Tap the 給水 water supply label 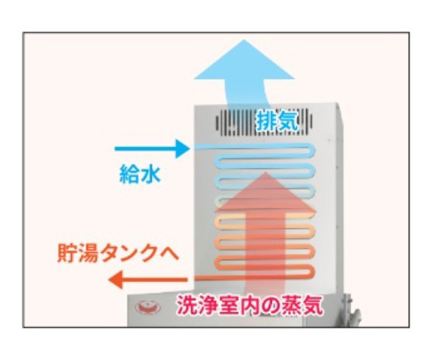pyautogui.click(x=140, y=174)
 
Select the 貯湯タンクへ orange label pyautogui.click(x=118, y=253)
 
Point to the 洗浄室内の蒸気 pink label pyautogui.click(x=250, y=305)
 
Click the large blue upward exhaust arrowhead pyautogui.click(x=244, y=59)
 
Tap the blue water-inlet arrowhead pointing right pyautogui.click(x=183, y=149)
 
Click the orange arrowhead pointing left pyautogui.click(x=116, y=280)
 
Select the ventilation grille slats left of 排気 pyautogui.click(x=235, y=122)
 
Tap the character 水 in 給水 pyautogui.click(x=150, y=174)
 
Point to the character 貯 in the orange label pyautogui.click(x=67, y=253)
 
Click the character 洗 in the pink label pyautogui.click(x=186, y=305)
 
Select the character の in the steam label pyautogui.click(x=270, y=305)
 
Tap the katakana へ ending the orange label pyautogui.click(x=169, y=254)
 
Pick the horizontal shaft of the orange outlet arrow pyautogui.click(x=155, y=280)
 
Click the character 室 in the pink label pyautogui.click(x=229, y=305)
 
